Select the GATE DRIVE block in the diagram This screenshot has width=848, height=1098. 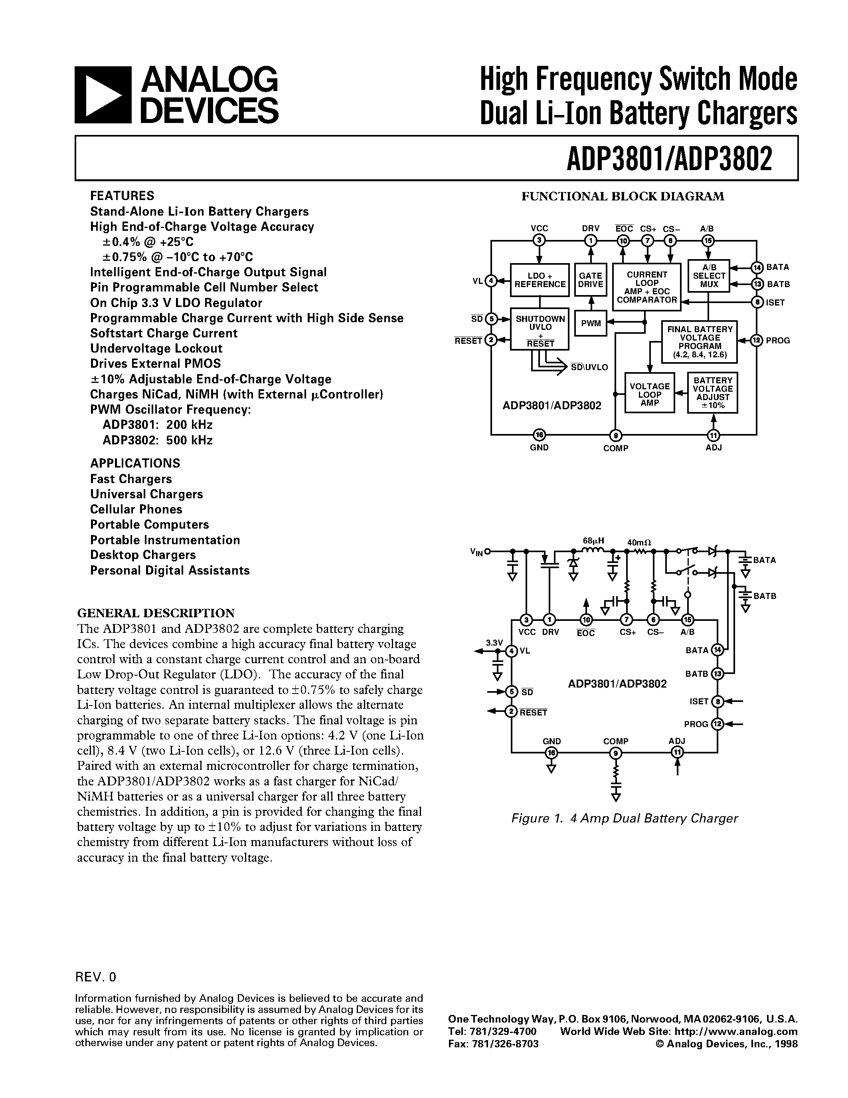click(590, 279)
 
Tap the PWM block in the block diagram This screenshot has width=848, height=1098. click(590, 323)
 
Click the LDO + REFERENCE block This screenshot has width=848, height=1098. click(540, 279)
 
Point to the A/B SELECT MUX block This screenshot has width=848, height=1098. click(708, 275)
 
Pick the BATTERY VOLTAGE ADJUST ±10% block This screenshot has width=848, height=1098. click(712, 392)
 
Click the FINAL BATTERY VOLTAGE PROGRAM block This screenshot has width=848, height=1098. click(699, 342)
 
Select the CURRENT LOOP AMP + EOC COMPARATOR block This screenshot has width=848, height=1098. click(646, 287)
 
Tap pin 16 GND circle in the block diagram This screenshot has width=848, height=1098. click(539, 434)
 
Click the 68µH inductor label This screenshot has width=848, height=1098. click(593, 541)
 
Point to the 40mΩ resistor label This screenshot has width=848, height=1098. click(638, 543)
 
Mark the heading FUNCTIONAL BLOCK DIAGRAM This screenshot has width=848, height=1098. click(623, 196)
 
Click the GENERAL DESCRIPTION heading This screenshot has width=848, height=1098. click(156, 613)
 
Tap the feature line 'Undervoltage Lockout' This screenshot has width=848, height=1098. click(156, 349)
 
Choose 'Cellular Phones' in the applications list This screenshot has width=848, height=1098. click(136, 509)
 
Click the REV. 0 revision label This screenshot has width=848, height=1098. click(95, 976)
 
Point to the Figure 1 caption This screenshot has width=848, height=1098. click(624, 818)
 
